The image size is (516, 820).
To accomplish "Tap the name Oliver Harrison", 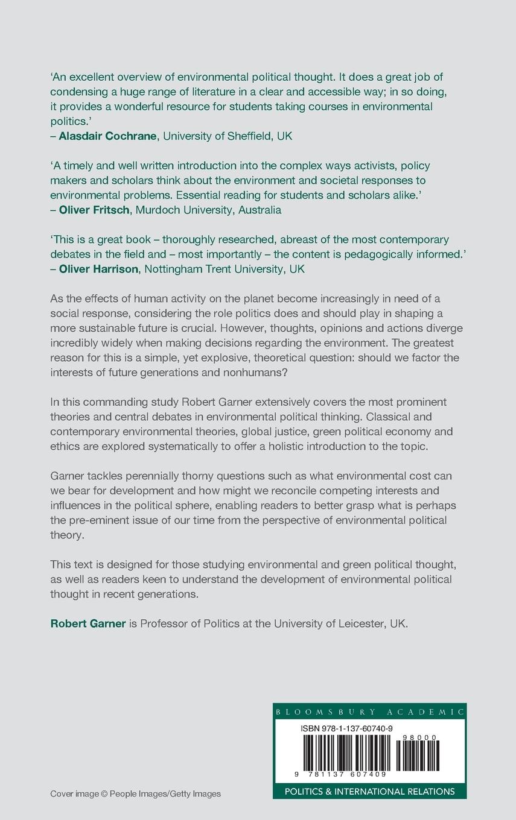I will click(x=98, y=269).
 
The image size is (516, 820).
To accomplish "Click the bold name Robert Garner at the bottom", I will click(x=88, y=623).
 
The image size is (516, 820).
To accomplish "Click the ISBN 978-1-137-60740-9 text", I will click(x=346, y=728).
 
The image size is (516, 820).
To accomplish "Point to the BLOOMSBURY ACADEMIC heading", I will click(x=369, y=711).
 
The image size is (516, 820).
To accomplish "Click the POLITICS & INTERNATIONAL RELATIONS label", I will click(x=369, y=791).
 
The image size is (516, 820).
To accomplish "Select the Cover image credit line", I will click(x=135, y=793).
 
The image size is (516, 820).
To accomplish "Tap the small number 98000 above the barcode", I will click(x=422, y=737).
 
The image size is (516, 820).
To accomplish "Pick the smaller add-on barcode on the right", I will click(x=418, y=755).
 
